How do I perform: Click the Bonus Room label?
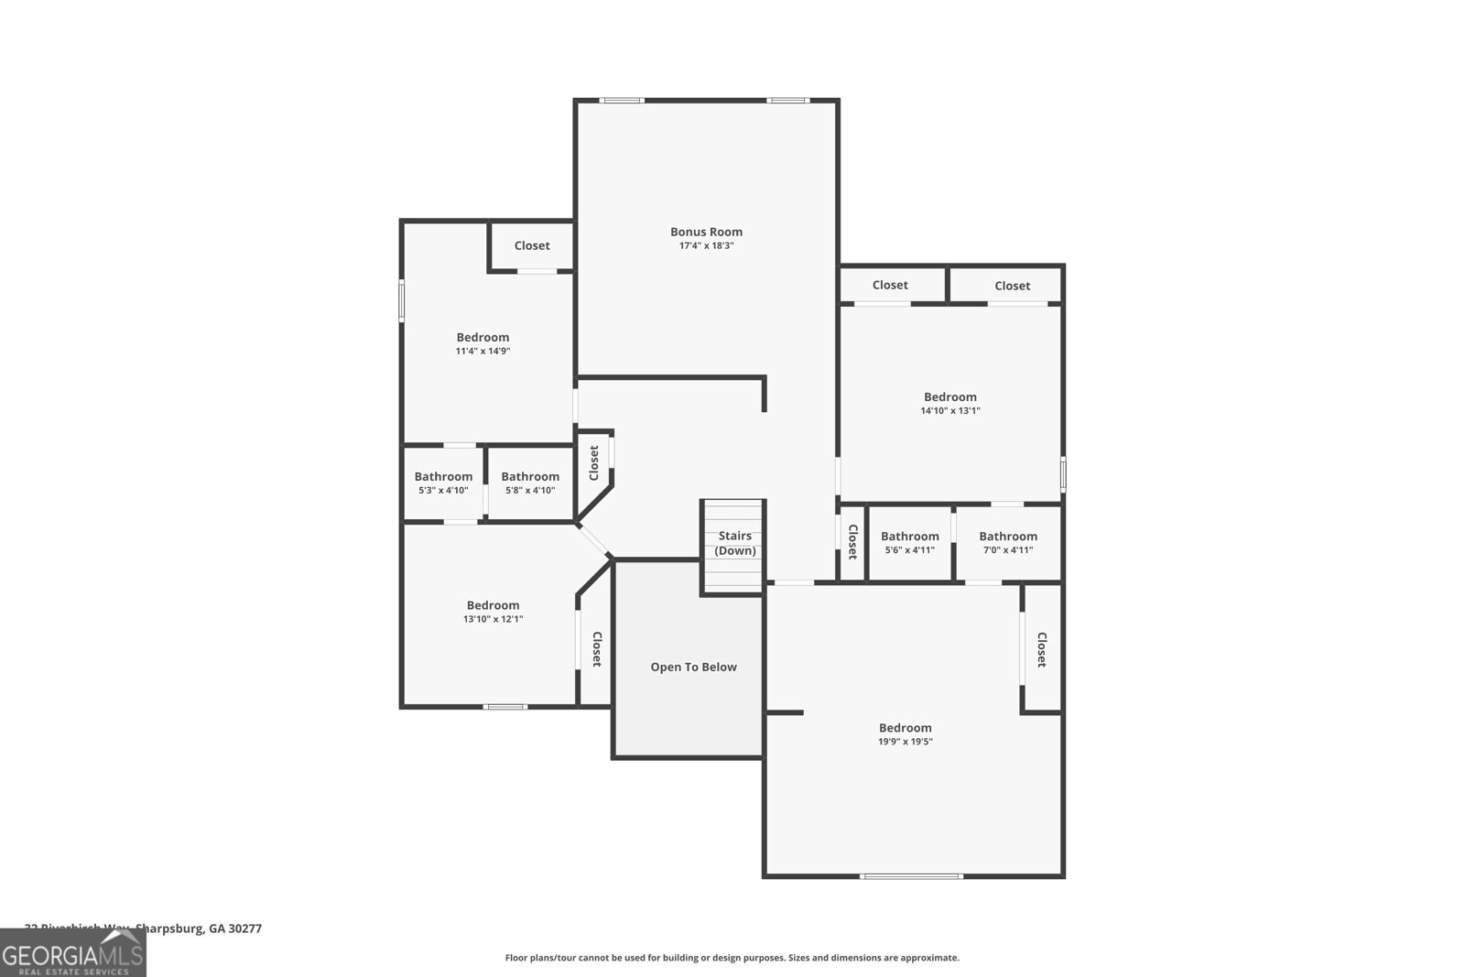click(706, 232)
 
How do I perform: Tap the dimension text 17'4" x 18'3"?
click(706, 246)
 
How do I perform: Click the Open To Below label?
click(693, 667)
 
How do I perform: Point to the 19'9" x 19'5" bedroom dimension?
click(905, 742)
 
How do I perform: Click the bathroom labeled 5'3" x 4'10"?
click(443, 483)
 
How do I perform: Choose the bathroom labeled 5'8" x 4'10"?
click(530, 483)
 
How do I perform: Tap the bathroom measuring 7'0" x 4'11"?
click(1007, 543)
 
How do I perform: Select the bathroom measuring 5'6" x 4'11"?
click(909, 543)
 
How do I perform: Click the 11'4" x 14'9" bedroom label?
click(483, 343)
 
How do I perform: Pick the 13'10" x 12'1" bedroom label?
click(493, 612)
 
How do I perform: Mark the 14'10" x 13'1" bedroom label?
click(950, 403)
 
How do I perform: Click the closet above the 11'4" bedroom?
click(532, 245)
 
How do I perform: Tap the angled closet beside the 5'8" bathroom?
click(593, 462)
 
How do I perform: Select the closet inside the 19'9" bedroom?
click(1041, 649)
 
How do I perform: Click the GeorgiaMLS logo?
click(72, 953)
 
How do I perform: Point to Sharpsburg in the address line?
click(170, 928)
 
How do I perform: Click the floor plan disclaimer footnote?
click(732, 958)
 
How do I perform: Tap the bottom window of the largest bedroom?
click(912, 876)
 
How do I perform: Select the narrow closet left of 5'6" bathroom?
click(852, 542)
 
